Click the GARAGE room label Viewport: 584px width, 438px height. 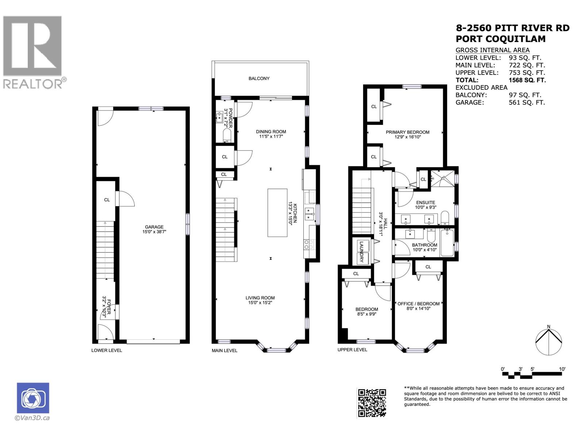point(154,227)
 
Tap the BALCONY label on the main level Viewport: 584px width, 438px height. point(259,78)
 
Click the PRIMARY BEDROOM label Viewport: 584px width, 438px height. point(407,132)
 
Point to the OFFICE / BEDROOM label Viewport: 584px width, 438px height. point(418,304)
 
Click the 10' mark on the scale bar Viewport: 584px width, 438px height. point(562,369)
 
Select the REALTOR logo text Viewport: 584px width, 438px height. point(33,84)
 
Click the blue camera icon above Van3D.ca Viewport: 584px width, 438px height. point(33,398)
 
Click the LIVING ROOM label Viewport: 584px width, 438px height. point(260,298)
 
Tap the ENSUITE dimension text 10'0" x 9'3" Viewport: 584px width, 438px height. point(426,207)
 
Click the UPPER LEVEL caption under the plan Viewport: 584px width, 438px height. point(352,350)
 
